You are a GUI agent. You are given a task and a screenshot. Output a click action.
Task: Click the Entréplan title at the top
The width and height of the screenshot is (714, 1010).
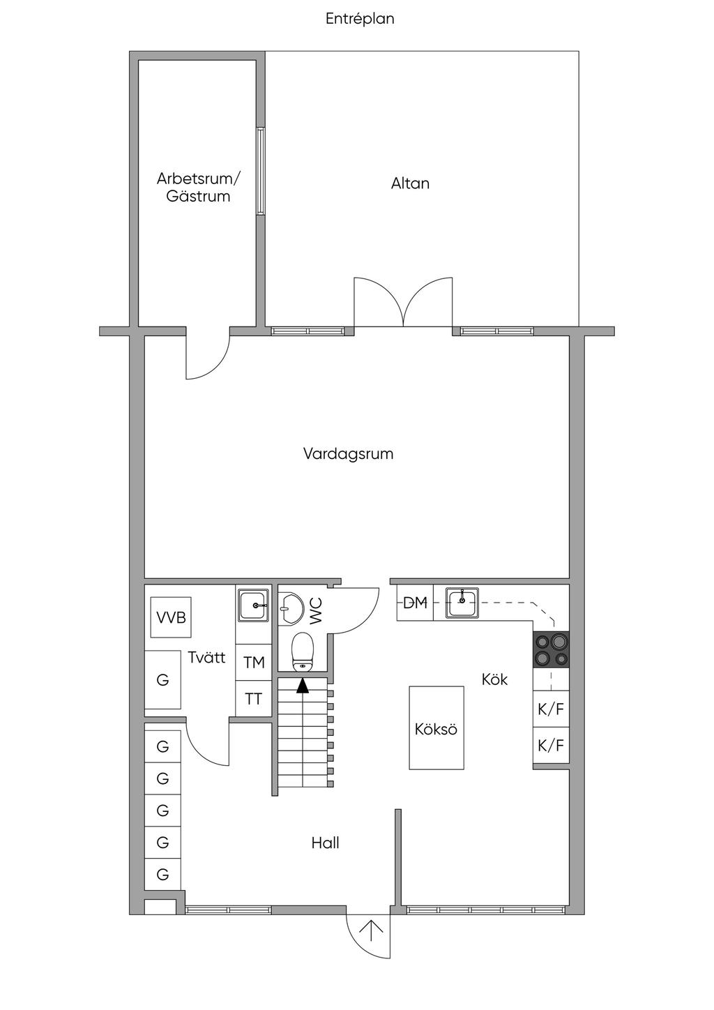pos(360,19)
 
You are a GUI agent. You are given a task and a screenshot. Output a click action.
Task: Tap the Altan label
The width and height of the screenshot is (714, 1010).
pos(410,183)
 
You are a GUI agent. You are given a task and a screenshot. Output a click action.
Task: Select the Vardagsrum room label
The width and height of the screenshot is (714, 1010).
pos(348,454)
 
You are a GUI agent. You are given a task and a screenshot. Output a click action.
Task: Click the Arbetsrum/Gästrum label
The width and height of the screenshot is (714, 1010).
pos(198,187)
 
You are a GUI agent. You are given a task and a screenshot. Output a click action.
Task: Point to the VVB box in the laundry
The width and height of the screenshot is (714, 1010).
pos(171,617)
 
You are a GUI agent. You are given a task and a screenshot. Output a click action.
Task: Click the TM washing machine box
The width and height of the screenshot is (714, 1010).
pos(254,663)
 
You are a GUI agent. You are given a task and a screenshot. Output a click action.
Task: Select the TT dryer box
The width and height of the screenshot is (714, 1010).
pos(254,698)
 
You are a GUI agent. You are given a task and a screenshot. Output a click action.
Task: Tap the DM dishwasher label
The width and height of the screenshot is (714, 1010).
pos(415,603)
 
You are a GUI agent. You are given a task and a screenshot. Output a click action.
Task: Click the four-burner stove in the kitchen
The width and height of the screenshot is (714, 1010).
pos(552,649)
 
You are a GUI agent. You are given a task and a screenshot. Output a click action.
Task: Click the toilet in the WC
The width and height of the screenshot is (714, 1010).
pos(302,651)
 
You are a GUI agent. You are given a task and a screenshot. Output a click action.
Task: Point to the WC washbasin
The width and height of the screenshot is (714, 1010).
pos(290,609)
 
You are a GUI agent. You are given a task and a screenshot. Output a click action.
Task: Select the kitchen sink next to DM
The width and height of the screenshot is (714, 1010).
pos(462,603)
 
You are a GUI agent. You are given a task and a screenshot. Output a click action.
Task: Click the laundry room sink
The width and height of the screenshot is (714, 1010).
pos(254,605)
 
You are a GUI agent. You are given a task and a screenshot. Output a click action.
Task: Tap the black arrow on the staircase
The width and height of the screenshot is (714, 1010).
pos(303,685)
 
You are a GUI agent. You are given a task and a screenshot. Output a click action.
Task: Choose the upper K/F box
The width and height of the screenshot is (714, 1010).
pos(551,709)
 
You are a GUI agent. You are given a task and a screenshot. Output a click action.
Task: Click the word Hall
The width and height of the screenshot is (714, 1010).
pos(325,843)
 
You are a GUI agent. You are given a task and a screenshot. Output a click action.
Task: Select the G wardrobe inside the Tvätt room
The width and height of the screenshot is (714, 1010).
pos(162,679)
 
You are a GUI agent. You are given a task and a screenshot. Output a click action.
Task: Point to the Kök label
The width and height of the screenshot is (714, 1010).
pos(494,679)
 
